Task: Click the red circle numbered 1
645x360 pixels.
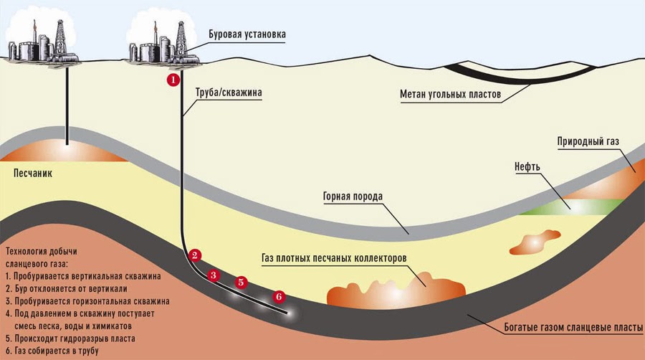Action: [173, 80]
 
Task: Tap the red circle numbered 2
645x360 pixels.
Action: [194, 255]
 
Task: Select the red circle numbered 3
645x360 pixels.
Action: [213, 275]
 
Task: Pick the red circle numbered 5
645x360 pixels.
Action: [241, 283]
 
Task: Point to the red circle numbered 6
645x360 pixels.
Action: [279, 296]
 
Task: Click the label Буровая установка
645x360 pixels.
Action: [247, 34]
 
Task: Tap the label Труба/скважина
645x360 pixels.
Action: [229, 93]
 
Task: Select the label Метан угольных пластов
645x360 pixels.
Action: [451, 94]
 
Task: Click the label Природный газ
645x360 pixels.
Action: [588, 141]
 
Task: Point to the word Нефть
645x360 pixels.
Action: [527, 166]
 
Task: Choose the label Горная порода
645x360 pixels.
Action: [353, 196]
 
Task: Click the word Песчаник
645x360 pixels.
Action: [33, 174]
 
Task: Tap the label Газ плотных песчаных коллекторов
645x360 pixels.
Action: [334, 258]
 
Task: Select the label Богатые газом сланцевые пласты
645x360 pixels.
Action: [573, 328]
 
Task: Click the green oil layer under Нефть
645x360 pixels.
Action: [572, 206]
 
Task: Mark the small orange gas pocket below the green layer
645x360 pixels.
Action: [535, 242]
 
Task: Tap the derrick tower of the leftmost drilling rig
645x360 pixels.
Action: [60, 37]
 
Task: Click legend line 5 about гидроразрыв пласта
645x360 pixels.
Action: [70, 338]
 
